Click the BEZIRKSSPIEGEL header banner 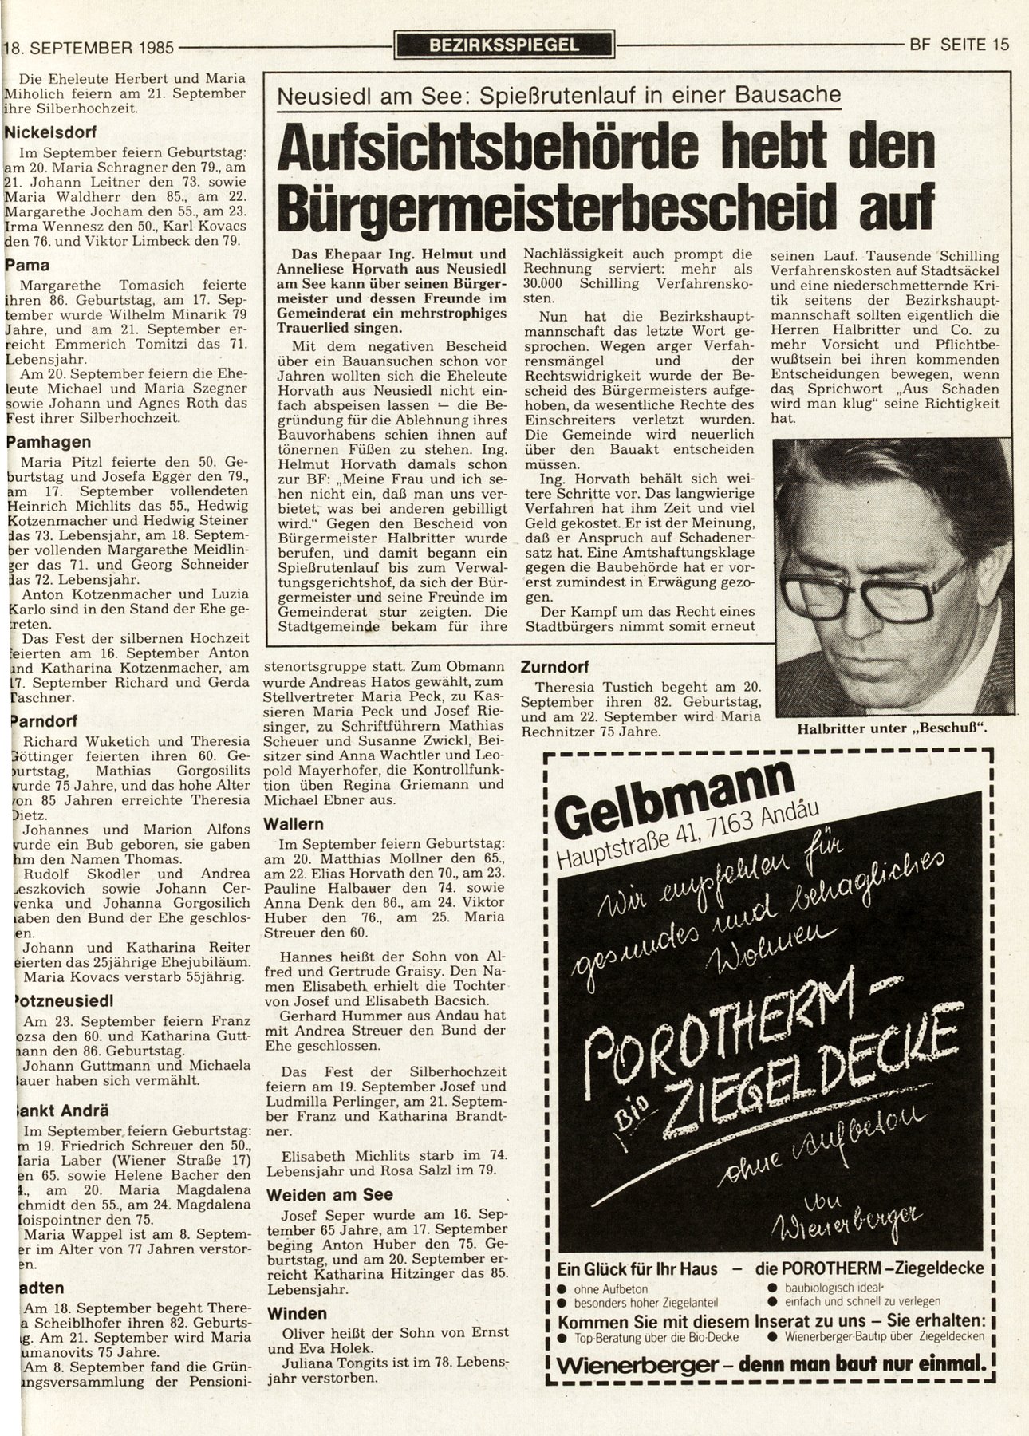504,45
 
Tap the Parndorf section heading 44,720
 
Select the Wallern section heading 294,823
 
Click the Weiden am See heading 329,1194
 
